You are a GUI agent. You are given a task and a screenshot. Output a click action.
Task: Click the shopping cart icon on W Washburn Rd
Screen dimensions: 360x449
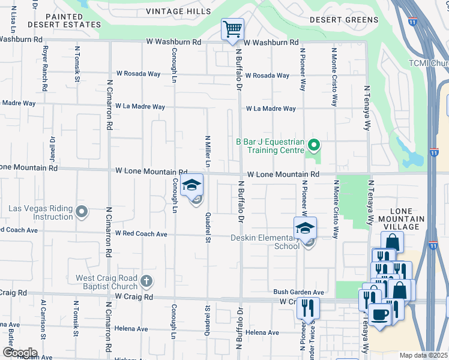[232, 29]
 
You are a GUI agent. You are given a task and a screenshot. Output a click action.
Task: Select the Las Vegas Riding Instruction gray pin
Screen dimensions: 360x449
[82, 212]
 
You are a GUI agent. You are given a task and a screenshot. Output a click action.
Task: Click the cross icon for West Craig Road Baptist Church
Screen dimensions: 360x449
[146, 281]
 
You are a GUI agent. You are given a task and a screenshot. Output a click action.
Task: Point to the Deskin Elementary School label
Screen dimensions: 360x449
[265, 242]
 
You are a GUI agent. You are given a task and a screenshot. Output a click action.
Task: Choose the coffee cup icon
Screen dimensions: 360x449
[379, 314]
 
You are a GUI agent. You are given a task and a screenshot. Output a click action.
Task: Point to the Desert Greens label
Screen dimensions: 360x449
[344, 20]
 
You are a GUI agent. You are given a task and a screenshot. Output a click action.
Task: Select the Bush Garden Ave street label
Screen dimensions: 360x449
[298, 292]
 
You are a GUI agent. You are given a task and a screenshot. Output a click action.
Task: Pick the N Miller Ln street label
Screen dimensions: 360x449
[208, 151]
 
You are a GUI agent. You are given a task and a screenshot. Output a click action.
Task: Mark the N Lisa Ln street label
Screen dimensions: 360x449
[13, 20]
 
